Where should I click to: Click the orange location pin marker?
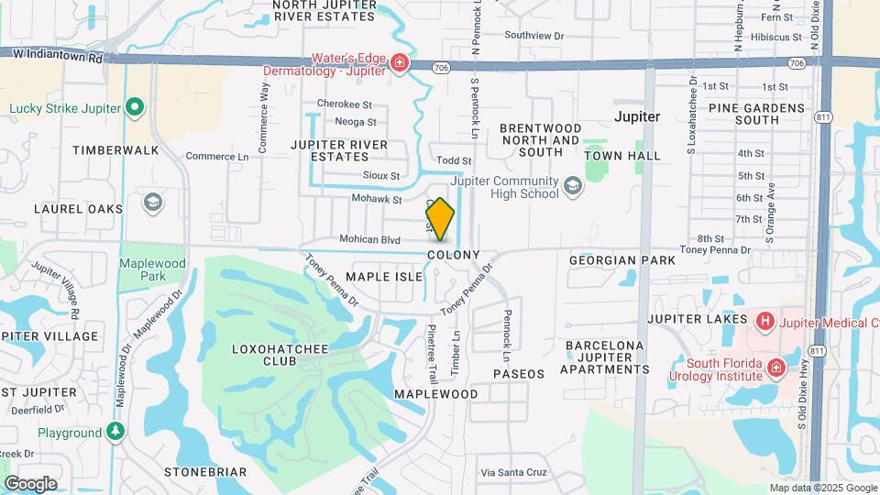pos(440,219)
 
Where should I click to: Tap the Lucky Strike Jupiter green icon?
pos(135,108)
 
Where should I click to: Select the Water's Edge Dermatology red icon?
pos(399,63)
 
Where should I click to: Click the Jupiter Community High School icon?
pos(573,187)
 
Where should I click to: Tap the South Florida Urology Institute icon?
pos(776,368)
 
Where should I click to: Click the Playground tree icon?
pos(115,432)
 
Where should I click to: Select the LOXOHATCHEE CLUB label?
pos(264,355)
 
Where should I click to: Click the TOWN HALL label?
pos(622,156)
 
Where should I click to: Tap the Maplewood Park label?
pos(153,269)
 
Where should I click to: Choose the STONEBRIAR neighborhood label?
pos(205,472)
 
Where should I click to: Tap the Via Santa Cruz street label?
pos(513,472)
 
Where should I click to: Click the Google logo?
pos(30,483)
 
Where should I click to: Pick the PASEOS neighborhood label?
pos(519,374)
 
